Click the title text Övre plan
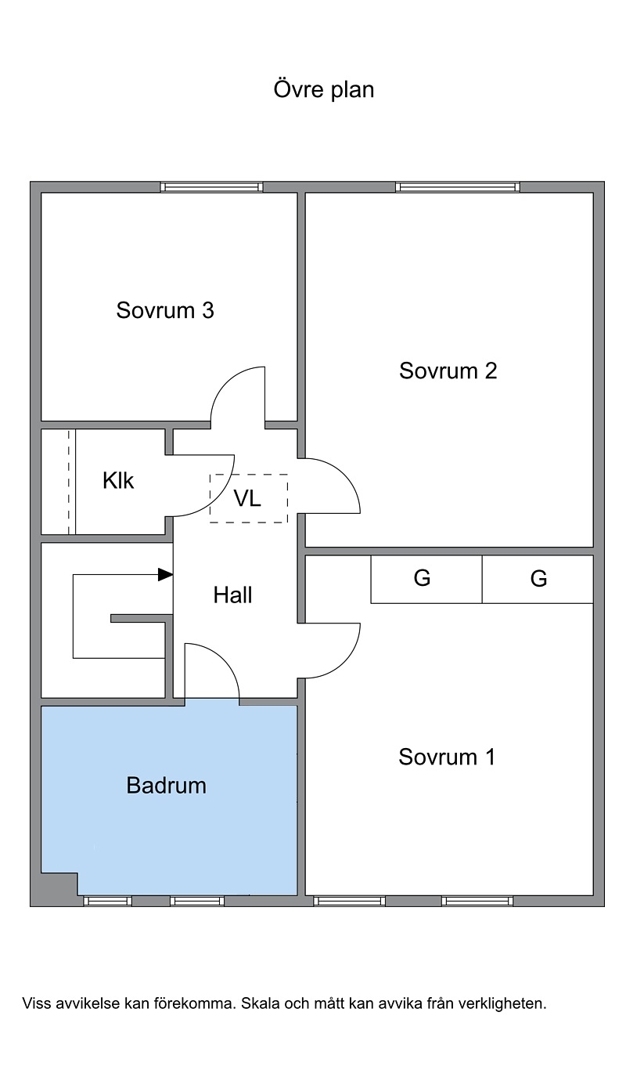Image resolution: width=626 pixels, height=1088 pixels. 324,90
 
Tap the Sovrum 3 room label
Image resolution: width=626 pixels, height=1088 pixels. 165,310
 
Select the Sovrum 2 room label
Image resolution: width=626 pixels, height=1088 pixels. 448,371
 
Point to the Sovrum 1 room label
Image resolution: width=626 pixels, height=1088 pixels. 447,757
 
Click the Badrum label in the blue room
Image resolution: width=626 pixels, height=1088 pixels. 167,786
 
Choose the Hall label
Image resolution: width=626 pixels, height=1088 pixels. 233,595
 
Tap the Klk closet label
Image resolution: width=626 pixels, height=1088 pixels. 118,481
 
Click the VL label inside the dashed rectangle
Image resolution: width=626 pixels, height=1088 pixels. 247,498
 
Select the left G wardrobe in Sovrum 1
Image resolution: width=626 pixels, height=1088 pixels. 426,579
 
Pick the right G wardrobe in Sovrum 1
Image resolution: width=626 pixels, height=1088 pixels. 538,579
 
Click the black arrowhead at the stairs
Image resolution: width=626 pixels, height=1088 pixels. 166,575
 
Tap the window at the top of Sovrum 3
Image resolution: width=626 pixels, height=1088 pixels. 211,187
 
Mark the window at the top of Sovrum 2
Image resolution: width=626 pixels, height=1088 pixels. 458,187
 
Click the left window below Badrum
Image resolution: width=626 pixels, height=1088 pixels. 107,902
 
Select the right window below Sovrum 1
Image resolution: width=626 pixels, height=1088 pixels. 477,902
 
